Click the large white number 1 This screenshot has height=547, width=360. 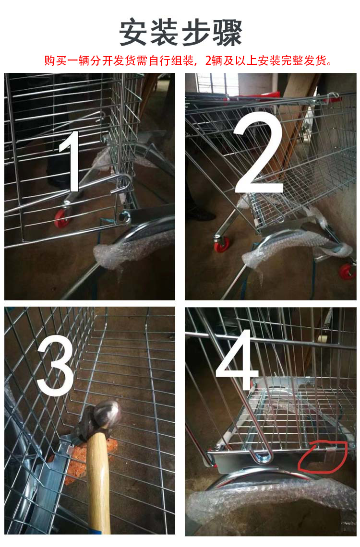pos(71,161)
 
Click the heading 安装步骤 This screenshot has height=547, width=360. pos(180,33)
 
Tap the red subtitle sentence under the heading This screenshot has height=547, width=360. pos(188,60)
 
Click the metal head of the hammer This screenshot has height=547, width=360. pos(99,420)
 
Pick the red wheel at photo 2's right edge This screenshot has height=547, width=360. pos(348,271)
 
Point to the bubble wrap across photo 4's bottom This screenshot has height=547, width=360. pos(270,502)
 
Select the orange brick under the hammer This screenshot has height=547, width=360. pos(80,457)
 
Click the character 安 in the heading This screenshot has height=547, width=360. pos(133,33)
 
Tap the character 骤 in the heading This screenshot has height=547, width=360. pos(228,33)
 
